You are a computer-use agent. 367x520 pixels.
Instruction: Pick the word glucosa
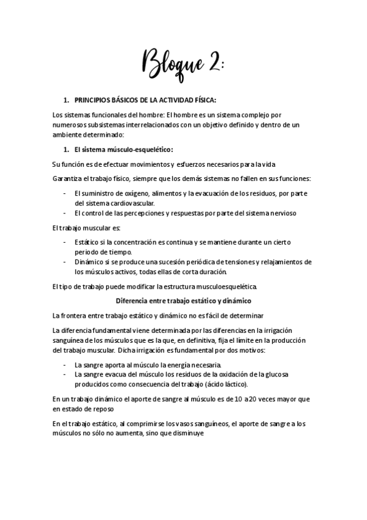click(276, 374)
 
